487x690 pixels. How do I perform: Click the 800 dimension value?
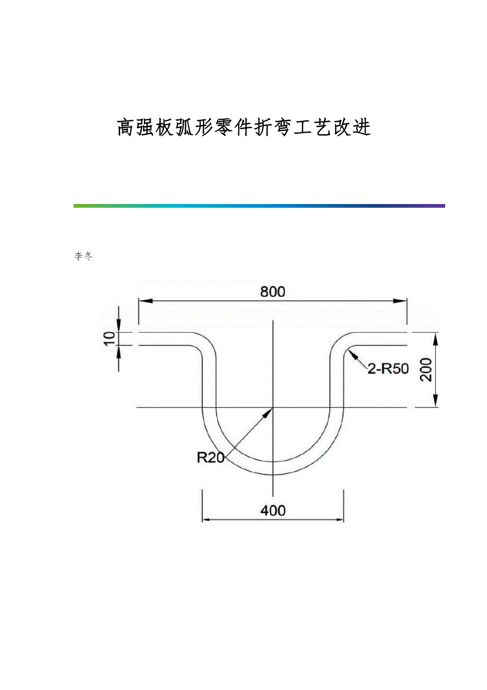point(273,291)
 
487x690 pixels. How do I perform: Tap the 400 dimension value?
point(273,510)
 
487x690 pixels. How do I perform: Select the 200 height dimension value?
point(427,370)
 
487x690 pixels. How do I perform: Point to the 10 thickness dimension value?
point(109,339)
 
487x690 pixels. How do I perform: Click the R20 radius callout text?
point(211,457)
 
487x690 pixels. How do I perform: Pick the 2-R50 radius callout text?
point(389,369)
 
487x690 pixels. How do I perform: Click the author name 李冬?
point(84,256)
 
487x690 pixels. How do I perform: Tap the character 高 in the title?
point(126,128)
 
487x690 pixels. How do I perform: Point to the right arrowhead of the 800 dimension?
point(401,300)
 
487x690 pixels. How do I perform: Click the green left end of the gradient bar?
point(77,206)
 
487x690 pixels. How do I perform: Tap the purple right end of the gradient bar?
point(441,206)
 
